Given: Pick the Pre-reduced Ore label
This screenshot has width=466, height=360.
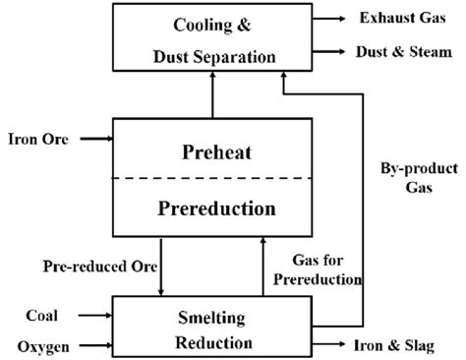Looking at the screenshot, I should click(x=89, y=267).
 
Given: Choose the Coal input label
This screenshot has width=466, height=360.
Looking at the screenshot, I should click(x=42, y=316).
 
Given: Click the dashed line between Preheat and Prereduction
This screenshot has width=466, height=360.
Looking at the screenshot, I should click(x=211, y=179).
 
